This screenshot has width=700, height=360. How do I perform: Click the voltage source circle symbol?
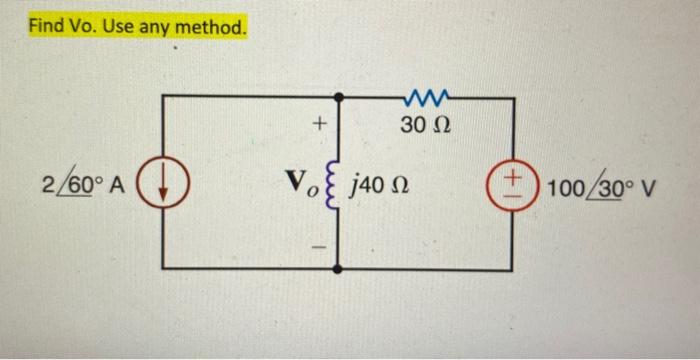point(513,187)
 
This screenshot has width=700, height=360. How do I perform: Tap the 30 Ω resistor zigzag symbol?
point(427,97)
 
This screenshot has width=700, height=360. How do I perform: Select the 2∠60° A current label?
point(83,187)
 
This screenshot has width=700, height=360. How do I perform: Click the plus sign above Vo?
point(318,126)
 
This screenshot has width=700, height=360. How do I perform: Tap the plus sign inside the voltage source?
point(513,179)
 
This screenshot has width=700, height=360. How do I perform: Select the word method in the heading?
point(209,26)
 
